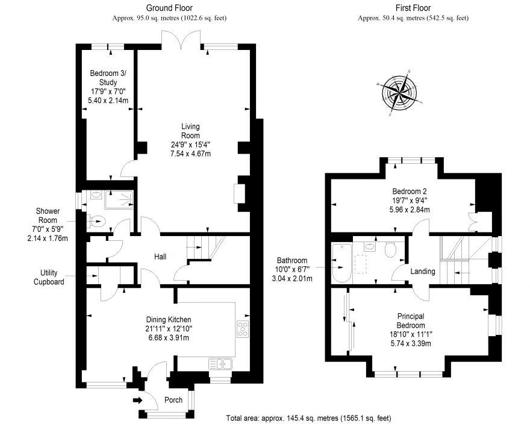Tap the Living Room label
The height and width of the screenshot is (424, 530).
pos(191,131)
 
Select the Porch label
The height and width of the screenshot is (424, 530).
pos(173,400)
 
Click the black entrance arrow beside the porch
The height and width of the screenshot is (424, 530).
pos(137,401)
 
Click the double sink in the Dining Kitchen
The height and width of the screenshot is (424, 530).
pos(220,364)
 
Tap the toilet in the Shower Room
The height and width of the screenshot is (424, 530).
pos(97,222)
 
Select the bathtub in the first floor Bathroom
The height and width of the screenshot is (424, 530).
pos(342,263)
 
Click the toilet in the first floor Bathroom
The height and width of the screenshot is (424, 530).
pos(390,249)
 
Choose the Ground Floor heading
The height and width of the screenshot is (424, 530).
pos(169,8)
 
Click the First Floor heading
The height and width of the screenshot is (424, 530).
pos(413,8)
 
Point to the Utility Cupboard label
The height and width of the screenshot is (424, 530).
pos(49,277)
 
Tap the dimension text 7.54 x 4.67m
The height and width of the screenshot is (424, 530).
pos(191,154)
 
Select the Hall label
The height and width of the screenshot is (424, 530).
pos(160,257)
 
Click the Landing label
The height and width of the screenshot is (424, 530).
pos(423,271)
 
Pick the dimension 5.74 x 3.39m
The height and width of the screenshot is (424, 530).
pos(411,344)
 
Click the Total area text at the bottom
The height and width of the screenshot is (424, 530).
pos(308,418)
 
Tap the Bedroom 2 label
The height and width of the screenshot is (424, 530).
pos(410,192)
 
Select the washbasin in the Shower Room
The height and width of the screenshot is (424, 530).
pos(97,195)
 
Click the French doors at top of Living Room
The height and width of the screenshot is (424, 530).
pos(181,40)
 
